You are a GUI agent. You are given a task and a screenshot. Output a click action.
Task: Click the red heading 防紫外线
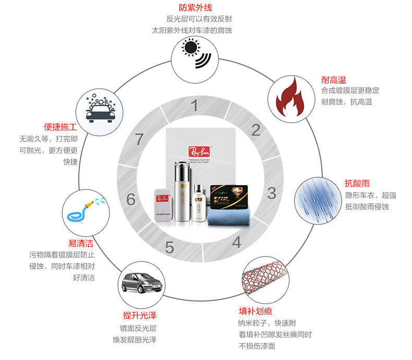pyautogui.click(x=196, y=8)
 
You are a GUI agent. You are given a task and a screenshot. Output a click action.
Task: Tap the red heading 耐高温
pyautogui.click(x=334, y=80)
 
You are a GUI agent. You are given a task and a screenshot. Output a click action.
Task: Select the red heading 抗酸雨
pyautogui.click(x=357, y=184)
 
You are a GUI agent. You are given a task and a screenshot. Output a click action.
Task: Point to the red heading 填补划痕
pyautogui.click(x=257, y=311)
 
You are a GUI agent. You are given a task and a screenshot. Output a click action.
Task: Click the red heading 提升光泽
pyautogui.click(x=140, y=316)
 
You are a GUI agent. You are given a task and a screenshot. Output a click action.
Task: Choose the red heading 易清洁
pyautogui.click(x=80, y=243)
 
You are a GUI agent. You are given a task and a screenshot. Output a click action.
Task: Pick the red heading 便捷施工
pyautogui.click(x=61, y=127)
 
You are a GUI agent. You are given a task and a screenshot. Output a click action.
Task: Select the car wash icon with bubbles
pyautogui.click(x=99, y=110)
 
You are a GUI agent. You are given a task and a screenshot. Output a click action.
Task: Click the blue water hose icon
pyautogui.click(x=84, y=211)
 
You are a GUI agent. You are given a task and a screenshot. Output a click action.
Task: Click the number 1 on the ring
pyautogui.click(x=195, y=106)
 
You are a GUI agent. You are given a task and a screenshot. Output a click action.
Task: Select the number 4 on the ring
pyautogui.click(x=236, y=243)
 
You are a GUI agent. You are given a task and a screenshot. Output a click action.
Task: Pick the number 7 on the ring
pyautogui.click(x=139, y=140)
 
